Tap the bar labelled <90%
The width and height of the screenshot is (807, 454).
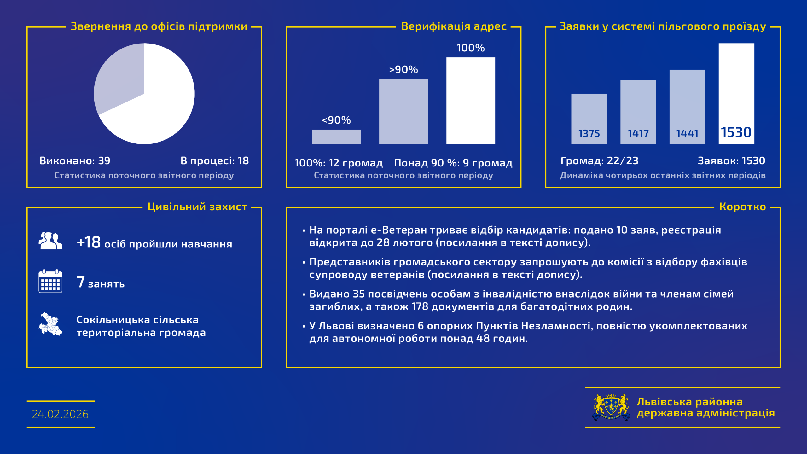pos(336,137)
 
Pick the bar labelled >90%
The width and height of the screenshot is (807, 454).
pos(403,112)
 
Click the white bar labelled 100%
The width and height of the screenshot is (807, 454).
pos(470,101)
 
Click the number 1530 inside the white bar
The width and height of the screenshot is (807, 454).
pos(736,132)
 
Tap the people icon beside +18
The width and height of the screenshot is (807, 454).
pos(50,241)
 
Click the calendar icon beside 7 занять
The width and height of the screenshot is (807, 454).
pos(50,281)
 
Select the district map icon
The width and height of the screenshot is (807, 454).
pos(50,324)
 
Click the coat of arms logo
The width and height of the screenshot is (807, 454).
pos(611,407)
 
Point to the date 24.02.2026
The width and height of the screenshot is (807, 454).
pos(60,414)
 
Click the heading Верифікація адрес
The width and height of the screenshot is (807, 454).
pos(454,26)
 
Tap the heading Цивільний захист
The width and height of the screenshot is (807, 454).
pos(197,207)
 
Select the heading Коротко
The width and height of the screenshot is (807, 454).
pos(742,207)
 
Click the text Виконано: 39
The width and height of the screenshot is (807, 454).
pos(75,161)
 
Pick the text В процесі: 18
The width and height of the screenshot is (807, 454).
pos(215,161)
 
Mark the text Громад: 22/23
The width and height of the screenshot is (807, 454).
pos(599,161)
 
